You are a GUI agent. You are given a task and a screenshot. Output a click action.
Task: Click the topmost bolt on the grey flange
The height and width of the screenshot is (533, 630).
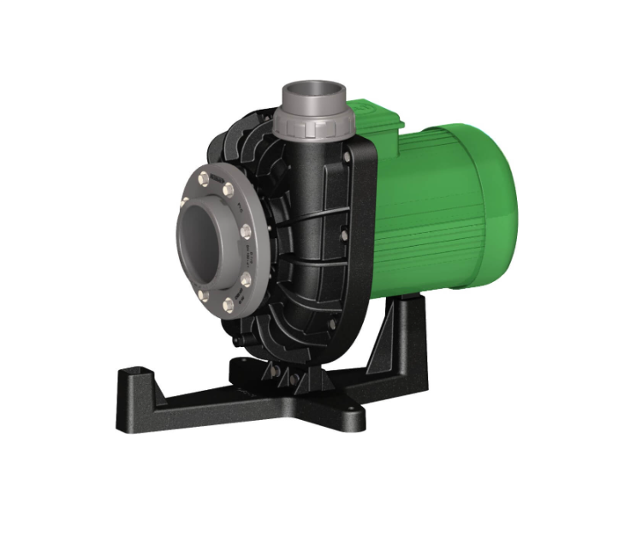coord(203,177)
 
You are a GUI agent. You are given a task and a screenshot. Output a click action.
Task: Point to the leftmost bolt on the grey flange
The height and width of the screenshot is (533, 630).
coord(184,202)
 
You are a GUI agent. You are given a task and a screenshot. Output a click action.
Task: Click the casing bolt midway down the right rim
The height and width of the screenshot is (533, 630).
coord(344,231)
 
